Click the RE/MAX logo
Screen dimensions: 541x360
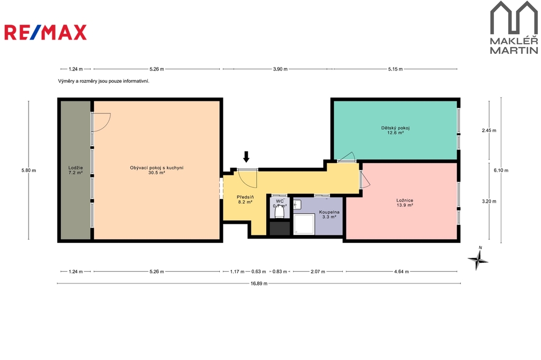[x=45, y=32]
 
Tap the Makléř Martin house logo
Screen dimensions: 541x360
[x=514, y=27]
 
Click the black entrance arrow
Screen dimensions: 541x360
[x=246, y=157]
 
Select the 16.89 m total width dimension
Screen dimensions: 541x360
[x=259, y=283]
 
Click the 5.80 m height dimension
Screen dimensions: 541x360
[x=29, y=170]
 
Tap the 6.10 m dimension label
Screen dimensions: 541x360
[x=501, y=170]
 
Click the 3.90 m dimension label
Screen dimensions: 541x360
[x=280, y=69]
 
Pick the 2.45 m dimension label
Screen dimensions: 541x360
[x=489, y=130]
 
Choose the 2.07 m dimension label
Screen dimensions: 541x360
[x=318, y=271]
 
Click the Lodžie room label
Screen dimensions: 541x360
[x=76, y=170]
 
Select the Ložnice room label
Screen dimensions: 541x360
[x=405, y=202]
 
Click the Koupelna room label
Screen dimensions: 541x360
[x=329, y=214]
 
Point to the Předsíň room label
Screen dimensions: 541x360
[x=245, y=200]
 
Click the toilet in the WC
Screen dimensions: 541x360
[x=279, y=212]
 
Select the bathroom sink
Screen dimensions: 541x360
[x=297, y=205]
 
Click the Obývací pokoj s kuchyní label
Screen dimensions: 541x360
[x=156, y=170]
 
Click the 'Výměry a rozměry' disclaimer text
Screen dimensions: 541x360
[x=104, y=81]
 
